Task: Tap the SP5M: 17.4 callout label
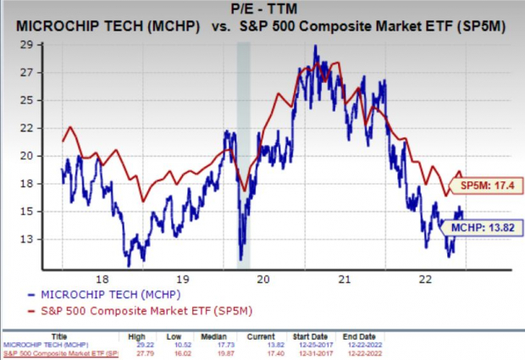(478, 186)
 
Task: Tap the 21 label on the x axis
(344, 279)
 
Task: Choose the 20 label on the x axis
(262, 279)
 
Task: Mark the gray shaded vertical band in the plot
(243, 152)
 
